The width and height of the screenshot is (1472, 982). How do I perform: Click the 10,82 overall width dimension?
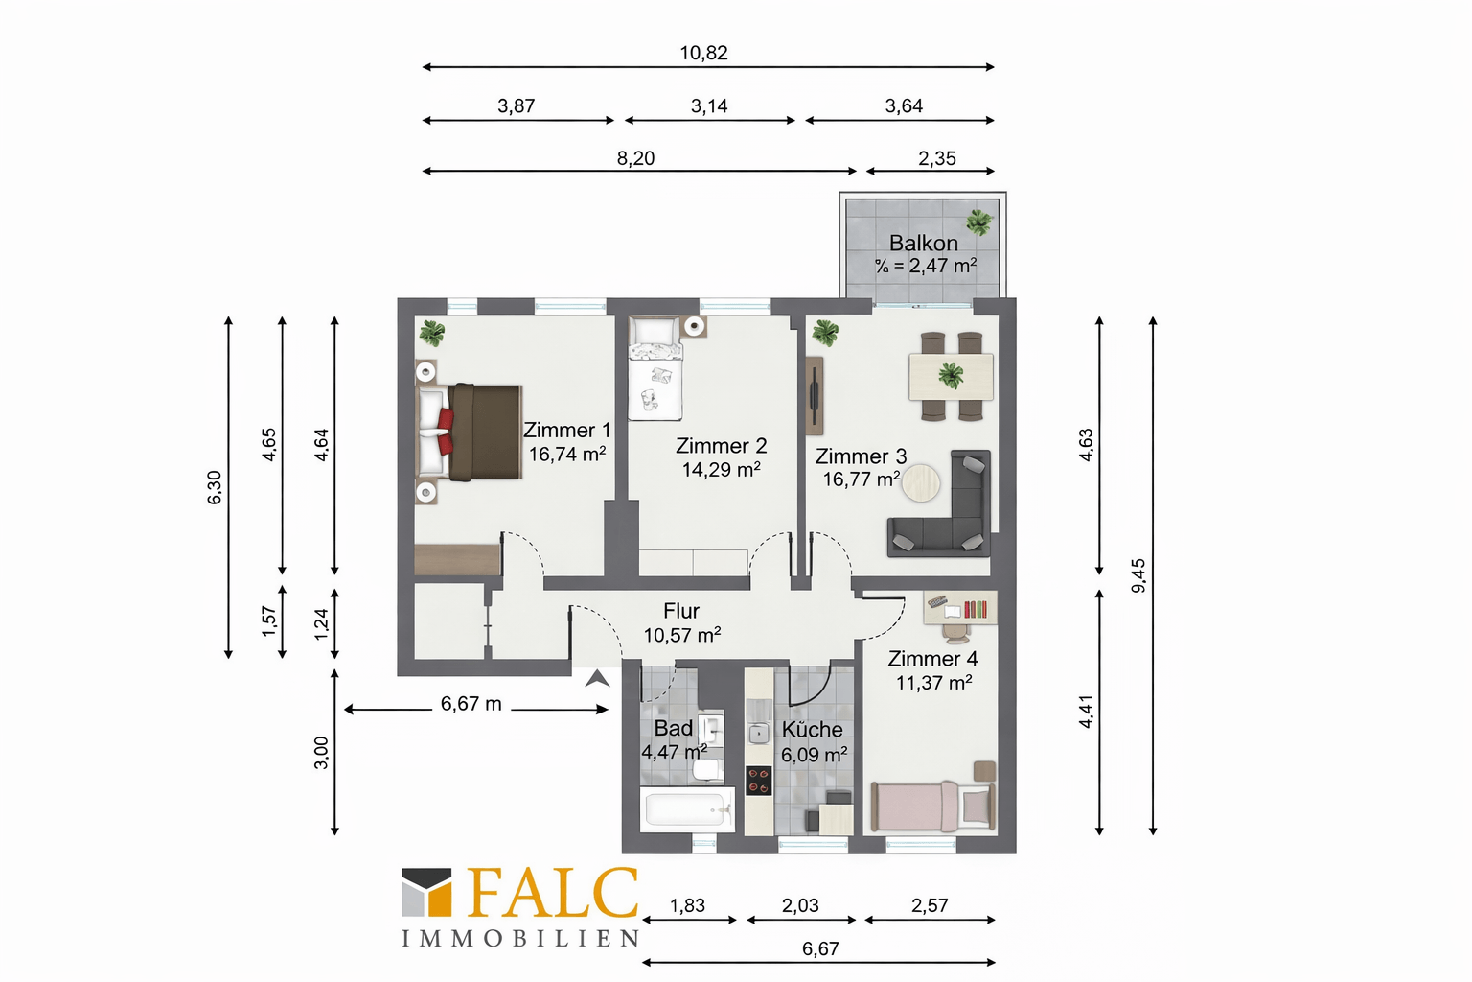pos(703,53)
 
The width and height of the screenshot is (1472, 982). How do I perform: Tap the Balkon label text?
pos(923,243)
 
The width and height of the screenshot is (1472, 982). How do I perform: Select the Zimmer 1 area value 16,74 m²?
pos(567,454)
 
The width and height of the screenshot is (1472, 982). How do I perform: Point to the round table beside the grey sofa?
pos(921,483)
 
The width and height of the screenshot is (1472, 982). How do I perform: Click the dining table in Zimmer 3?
pos(951,377)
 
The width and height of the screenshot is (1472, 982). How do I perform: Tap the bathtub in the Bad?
pos(687,809)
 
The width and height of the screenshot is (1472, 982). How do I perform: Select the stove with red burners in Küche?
pos(758,781)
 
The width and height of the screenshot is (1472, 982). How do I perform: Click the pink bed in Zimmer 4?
pos(933,806)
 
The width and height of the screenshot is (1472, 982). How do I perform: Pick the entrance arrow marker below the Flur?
pos(597,678)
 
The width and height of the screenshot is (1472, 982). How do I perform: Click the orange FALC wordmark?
pos(552,893)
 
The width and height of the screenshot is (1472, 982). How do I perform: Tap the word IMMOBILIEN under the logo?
pos(520,938)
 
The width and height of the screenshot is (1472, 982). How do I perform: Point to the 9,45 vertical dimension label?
pos(1138,575)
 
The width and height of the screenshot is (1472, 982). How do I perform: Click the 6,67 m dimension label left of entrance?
pos(471,704)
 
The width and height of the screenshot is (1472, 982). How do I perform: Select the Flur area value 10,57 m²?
pos(682,635)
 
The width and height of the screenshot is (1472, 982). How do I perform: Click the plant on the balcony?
pos(979,222)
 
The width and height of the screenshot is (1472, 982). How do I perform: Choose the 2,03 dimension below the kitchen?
pos(800,905)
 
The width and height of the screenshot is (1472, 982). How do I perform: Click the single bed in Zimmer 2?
pos(655,369)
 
